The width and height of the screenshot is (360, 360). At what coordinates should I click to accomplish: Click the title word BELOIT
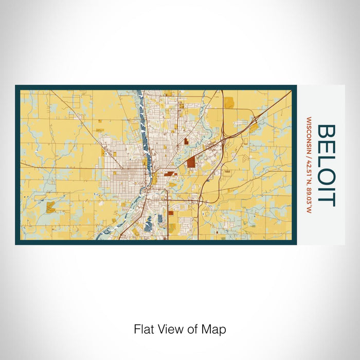click(x=326, y=165)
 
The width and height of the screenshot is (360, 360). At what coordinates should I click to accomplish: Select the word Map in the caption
click(x=215, y=329)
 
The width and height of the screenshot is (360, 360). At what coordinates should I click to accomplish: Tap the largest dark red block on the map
click(x=191, y=162)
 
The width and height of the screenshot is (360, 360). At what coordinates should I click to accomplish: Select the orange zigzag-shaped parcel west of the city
click(x=50, y=207)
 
